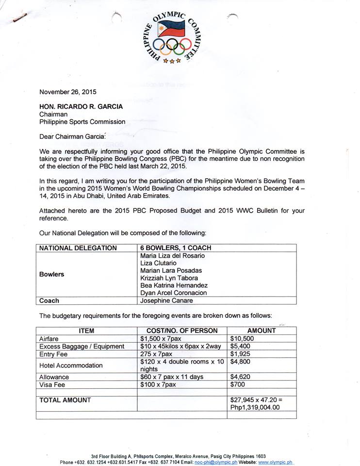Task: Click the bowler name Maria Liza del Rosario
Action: click(x=172, y=255)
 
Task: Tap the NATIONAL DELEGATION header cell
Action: click(x=78, y=248)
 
